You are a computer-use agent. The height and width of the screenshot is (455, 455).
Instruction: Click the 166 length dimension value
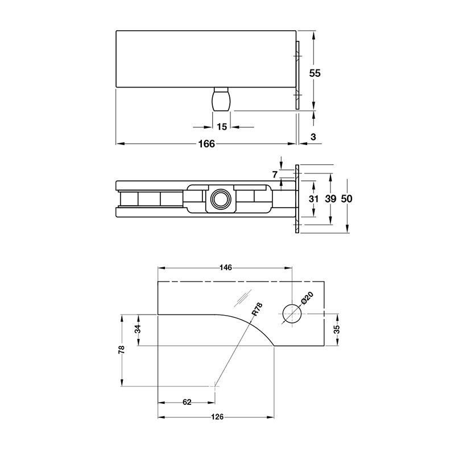pos(206,144)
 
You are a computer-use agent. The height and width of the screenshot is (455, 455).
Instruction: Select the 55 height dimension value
pos(315,73)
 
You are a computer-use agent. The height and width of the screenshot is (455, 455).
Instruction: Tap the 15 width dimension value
pos(222,127)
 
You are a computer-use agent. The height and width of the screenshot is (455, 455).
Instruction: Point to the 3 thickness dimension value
pos(313,137)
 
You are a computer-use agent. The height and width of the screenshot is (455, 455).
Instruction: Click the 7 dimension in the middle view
pos(275,175)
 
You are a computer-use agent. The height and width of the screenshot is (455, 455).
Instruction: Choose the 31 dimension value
pos(314,199)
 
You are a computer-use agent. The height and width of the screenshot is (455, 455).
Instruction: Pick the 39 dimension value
pos(330,199)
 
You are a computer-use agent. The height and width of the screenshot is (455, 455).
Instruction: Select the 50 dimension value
pos(347,199)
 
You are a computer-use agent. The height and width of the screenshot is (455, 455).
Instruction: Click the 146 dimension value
pos(226,267)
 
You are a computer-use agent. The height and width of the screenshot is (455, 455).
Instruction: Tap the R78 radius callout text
pos(257,309)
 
